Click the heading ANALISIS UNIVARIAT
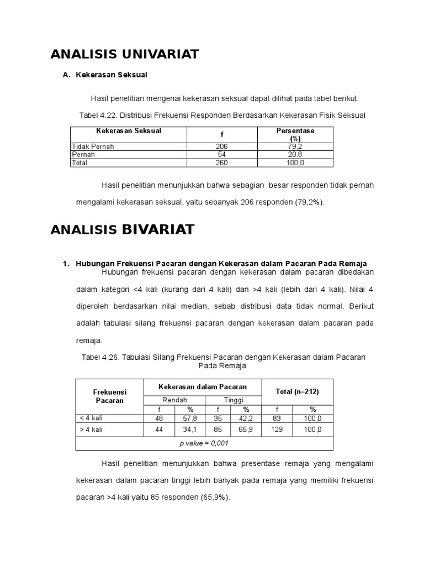[x=124, y=54]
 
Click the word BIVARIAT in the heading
[x=158, y=230]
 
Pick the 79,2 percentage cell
[x=295, y=146]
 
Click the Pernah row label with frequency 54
[x=83, y=155]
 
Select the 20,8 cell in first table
[x=295, y=155]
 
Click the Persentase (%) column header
[x=295, y=134]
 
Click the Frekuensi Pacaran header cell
[x=109, y=396]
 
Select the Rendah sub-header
[x=174, y=400]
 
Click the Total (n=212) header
[x=297, y=391]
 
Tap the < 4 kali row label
[x=92, y=418]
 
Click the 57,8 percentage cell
[x=190, y=418]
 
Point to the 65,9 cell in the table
[x=246, y=429]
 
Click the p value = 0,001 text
[x=204, y=443]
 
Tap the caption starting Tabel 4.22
[x=223, y=116]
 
